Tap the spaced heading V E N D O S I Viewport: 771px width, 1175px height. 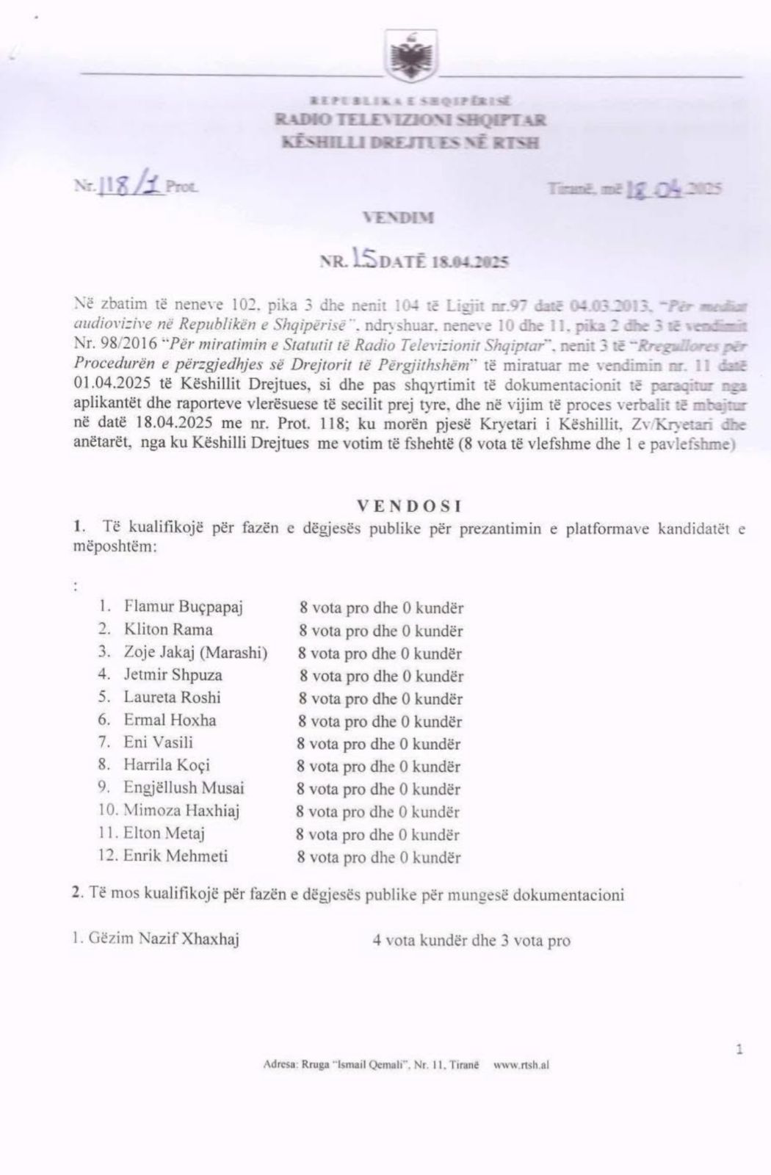(408, 506)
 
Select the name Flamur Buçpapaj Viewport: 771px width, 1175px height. (183, 607)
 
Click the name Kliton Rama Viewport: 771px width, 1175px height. (168, 629)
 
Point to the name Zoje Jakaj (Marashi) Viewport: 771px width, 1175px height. (195, 652)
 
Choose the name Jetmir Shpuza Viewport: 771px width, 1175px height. (173, 675)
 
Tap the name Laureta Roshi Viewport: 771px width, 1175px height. (172, 698)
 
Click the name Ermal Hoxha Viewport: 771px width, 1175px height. (170, 720)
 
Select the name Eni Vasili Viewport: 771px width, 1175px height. (158, 742)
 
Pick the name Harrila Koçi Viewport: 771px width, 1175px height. (167, 765)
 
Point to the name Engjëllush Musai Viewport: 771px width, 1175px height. (184, 788)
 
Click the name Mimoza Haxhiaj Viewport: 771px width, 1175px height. (181, 811)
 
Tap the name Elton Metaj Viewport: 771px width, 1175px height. (164, 834)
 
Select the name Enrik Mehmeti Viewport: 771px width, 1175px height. (175, 856)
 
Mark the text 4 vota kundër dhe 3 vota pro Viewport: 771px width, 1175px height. (471, 941)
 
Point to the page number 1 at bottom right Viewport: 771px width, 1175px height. (739, 1050)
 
